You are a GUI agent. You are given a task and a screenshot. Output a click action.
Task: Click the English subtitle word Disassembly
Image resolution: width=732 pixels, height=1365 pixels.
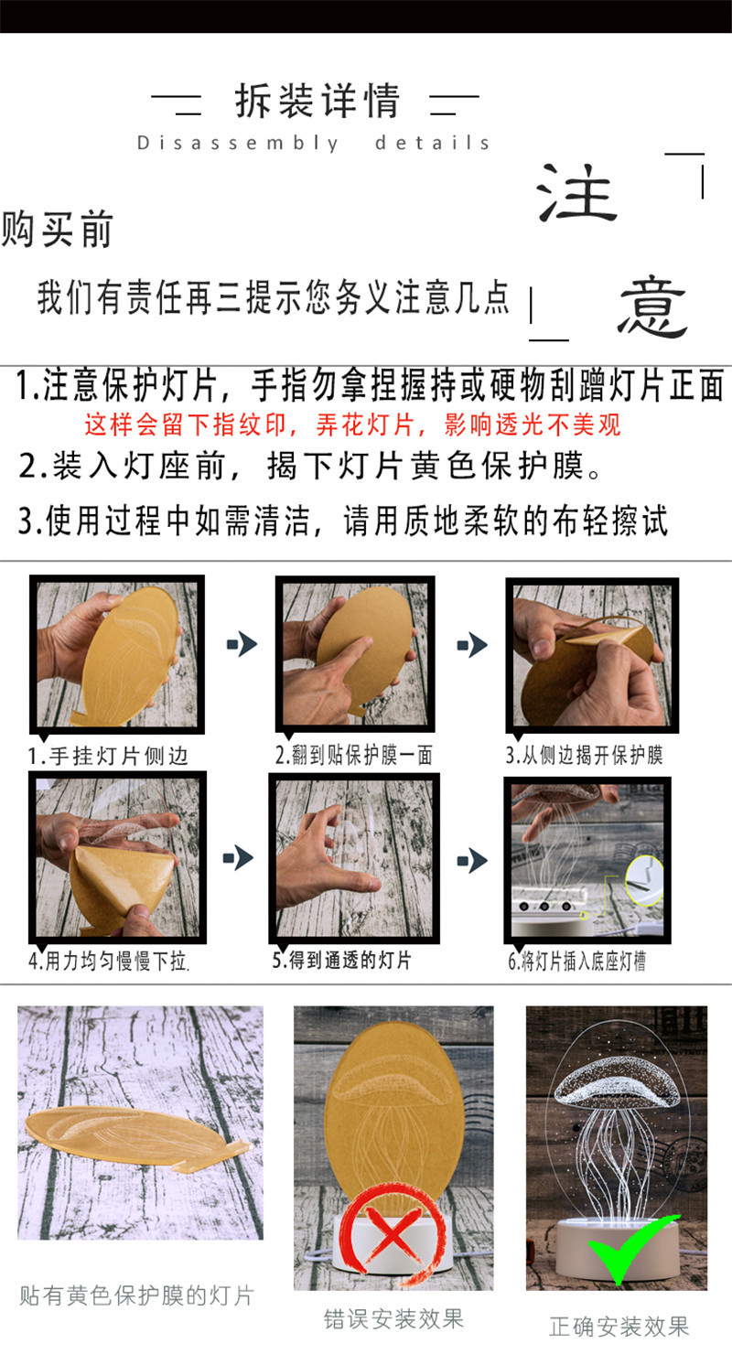238,143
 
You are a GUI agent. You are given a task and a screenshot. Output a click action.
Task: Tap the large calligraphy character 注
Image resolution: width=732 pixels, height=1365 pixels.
578,194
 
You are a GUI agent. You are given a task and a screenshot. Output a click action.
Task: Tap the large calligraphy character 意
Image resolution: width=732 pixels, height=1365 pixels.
652,307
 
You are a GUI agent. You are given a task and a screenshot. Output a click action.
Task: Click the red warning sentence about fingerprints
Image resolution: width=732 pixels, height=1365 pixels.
352,425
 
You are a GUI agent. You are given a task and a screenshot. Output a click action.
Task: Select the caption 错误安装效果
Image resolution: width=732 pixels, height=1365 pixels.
393,1318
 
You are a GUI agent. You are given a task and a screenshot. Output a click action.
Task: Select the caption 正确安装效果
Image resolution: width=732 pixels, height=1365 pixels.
619,1326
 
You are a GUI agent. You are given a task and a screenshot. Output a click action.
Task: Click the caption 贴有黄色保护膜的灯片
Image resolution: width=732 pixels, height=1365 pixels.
136,1295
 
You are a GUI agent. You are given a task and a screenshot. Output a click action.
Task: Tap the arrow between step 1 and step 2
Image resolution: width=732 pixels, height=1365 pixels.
242,645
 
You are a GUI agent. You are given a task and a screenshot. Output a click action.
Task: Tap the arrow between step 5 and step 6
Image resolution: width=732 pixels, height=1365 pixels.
472,860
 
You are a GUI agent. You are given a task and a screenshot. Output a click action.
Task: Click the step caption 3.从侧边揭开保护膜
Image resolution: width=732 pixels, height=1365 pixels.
584,755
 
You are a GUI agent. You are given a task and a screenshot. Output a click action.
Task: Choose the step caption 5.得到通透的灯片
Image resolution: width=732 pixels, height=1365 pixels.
343,960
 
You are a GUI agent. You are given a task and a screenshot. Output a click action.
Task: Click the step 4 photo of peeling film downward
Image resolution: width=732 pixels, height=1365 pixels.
115,855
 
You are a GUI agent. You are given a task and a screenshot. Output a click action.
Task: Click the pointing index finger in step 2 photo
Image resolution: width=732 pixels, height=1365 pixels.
334,657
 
